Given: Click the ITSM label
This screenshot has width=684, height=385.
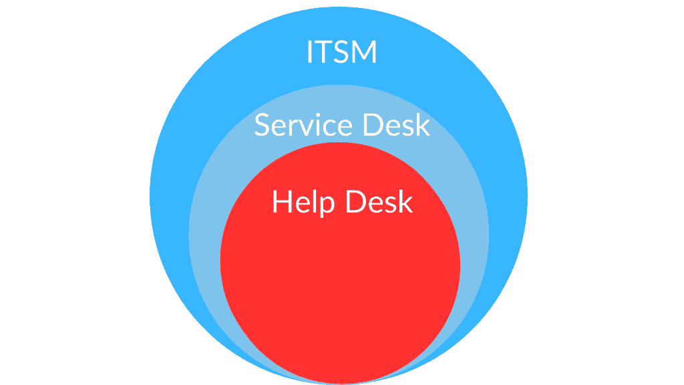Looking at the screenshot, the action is (341, 52).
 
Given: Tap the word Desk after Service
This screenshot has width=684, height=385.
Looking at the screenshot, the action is (397, 125).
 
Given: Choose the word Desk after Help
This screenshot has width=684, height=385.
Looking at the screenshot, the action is (379, 202).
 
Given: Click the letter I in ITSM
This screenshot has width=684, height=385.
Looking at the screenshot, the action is (310, 52).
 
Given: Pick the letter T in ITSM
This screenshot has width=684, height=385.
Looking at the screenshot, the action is (323, 52).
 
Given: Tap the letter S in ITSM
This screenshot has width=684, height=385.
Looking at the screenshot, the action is (341, 52).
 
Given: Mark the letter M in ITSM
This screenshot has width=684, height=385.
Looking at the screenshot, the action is (364, 52).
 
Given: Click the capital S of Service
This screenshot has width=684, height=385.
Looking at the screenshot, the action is (262, 125).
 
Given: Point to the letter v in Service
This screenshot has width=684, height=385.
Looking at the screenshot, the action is (307, 128).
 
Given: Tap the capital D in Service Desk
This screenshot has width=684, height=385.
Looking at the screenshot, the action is (373, 125).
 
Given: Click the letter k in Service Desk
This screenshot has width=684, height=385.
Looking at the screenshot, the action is (423, 124).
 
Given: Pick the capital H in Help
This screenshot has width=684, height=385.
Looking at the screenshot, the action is (283, 202).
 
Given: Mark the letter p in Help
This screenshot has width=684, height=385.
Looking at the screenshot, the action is (327, 207).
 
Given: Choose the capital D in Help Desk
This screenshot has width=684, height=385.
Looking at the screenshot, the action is (356, 202).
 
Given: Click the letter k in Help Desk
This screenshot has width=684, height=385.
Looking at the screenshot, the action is (405, 201).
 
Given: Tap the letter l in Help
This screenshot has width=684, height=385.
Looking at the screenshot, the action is (315, 201).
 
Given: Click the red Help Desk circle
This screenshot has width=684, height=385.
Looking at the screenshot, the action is (340, 283).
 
